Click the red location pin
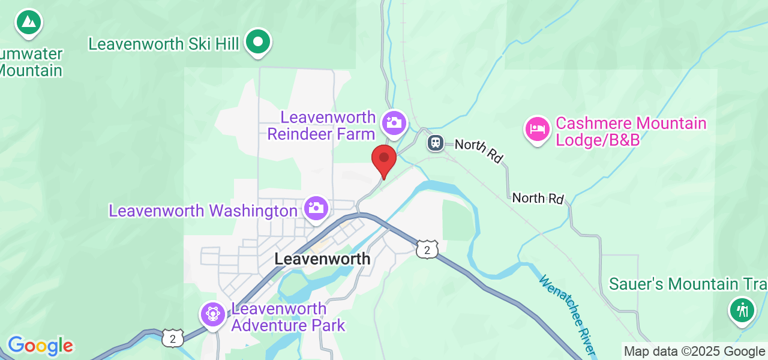(384, 160)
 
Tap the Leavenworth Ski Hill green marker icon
(259, 42)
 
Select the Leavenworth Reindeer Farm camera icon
(394, 123)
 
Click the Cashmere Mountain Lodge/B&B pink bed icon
(538, 129)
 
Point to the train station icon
(435, 143)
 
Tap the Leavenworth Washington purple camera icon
(315, 208)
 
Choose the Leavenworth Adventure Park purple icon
(213, 313)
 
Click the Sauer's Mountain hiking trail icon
(742, 310)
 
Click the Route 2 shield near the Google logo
(172, 338)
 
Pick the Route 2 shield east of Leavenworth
(427, 250)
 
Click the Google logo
(40, 346)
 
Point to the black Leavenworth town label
(322, 259)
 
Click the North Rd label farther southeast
(538, 198)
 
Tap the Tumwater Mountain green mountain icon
(28, 23)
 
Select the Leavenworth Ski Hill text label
(164, 44)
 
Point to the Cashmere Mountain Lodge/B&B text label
(631, 131)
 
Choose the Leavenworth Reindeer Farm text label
(322, 125)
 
